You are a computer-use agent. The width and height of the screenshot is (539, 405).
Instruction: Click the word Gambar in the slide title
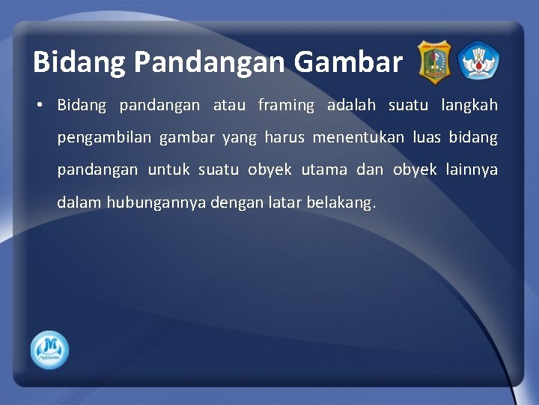coord(348,62)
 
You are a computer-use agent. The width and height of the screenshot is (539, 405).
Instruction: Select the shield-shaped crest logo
coord(433,61)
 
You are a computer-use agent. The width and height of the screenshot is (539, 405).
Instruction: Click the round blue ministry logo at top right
coord(478,61)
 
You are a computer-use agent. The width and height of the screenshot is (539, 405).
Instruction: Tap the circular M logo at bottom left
coord(49,349)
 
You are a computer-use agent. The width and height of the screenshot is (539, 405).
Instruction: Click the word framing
coord(286,106)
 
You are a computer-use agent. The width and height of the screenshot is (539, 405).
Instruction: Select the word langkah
coord(469,106)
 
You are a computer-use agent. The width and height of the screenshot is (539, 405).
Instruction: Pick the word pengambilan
coord(104,138)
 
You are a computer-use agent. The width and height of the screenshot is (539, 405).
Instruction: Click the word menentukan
coord(359,138)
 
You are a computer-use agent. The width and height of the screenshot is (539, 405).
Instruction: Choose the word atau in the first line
coord(229,106)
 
